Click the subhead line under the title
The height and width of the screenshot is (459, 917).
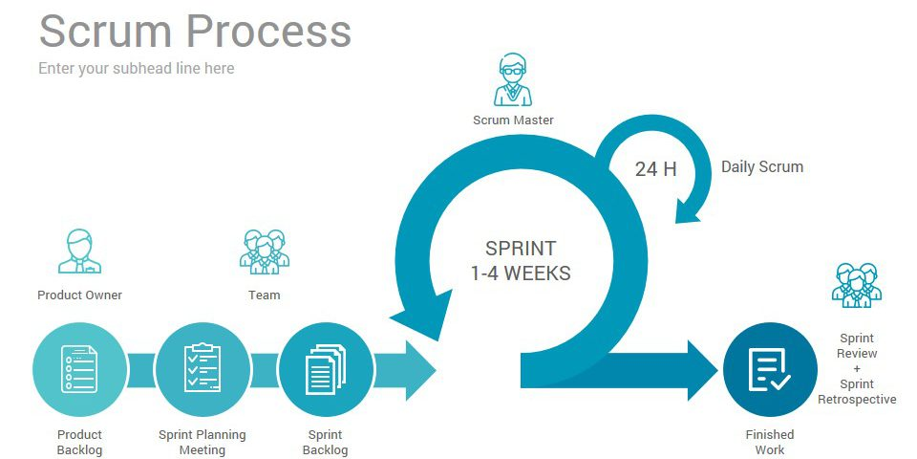pos(136,69)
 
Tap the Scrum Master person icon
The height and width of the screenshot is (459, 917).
pos(513,79)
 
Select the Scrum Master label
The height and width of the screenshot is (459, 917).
pos(513,120)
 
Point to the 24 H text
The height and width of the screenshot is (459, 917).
pos(655,169)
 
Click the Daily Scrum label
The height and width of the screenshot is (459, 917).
pos(761,166)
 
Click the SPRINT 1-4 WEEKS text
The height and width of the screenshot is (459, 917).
pos(520,261)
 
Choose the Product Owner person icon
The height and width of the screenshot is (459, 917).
pos(79,251)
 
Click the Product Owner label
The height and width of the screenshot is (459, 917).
pos(79,295)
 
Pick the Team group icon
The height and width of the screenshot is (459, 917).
pos(264,251)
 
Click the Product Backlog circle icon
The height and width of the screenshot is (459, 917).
pos(79,369)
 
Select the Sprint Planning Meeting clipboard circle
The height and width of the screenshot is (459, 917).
pos(202,369)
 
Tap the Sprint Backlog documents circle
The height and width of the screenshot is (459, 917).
pos(325,369)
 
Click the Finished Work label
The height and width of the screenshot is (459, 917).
pos(769,442)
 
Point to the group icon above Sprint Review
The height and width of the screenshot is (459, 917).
pos(856,284)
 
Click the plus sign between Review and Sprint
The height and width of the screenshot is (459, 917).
pos(857,369)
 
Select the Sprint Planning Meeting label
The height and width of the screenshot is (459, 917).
pos(202,442)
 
